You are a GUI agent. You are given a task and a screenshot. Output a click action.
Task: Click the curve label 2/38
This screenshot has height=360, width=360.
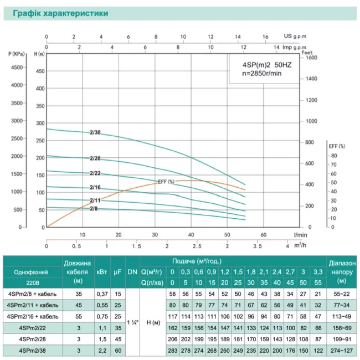pyautogui.click(x=95, y=132)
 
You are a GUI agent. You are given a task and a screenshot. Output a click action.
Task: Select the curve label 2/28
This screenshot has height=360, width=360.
pyautogui.click(x=95, y=159)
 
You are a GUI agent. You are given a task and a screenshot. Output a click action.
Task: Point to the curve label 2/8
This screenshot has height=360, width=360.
pyautogui.click(x=94, y=208)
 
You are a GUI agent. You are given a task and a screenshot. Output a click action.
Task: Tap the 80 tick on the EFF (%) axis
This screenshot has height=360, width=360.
pyautogui.click(x=333, y=156)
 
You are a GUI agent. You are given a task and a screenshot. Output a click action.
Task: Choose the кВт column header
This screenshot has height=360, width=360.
pyautogui.click(x=102, y=272)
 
